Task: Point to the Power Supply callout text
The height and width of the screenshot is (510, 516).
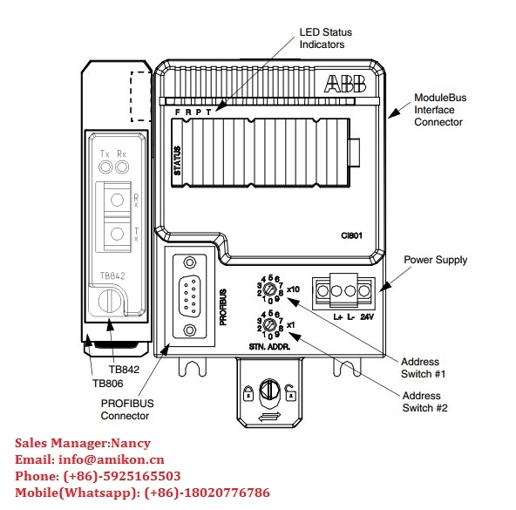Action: (436, 260)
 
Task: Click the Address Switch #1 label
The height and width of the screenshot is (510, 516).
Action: (421, 368)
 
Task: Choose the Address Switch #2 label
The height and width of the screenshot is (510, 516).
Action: (421, 401)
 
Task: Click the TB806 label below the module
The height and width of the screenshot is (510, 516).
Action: (107, 384)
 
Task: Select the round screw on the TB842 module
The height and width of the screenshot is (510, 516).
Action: (107, 301)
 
